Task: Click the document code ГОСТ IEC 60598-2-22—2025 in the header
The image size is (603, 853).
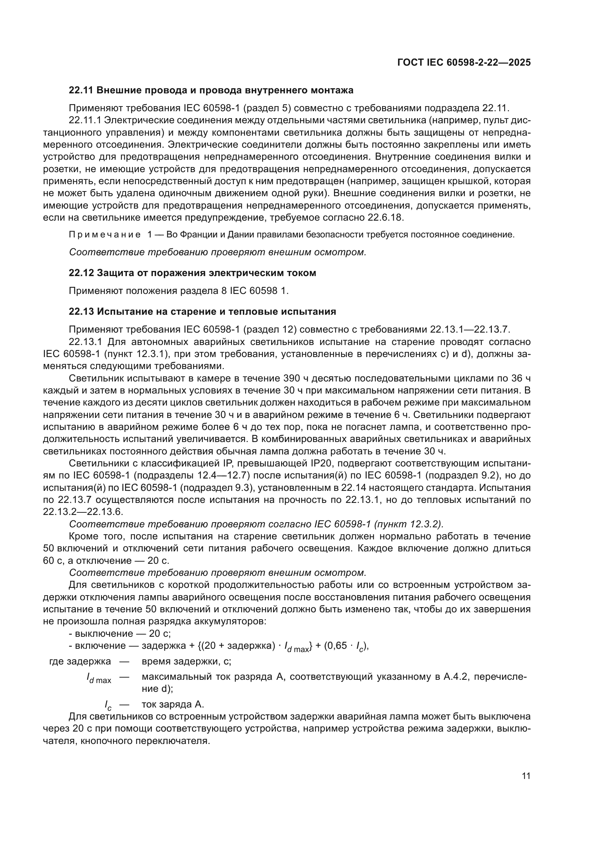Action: click(464, 62)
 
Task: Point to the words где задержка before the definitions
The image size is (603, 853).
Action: click(80, 662)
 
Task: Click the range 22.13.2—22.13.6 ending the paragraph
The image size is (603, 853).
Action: click(83, 512)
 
